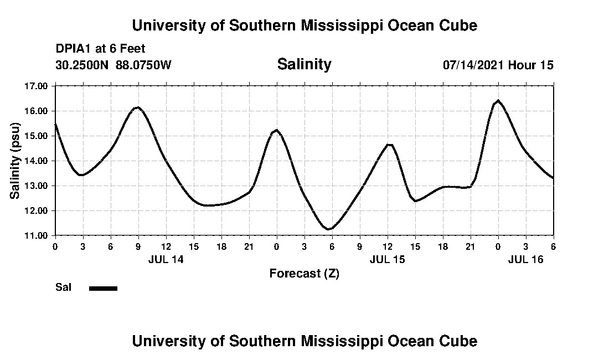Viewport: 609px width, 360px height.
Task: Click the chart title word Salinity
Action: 304,64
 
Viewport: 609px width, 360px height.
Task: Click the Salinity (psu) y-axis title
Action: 15,161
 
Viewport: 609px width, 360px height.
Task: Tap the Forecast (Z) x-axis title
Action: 304,273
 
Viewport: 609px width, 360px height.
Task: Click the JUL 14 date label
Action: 166,259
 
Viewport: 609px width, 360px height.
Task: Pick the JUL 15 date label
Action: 387,259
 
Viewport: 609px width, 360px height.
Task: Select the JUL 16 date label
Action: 525,259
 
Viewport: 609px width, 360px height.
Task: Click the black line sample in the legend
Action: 103,288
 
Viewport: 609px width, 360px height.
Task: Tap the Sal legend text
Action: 63,287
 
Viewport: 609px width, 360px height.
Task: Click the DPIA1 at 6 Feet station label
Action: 100,49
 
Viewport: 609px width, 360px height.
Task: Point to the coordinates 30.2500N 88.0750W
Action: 113,65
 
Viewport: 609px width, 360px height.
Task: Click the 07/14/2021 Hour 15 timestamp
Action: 498,65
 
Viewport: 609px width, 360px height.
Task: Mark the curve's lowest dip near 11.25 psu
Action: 329,229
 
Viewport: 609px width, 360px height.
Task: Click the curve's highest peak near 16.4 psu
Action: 498,101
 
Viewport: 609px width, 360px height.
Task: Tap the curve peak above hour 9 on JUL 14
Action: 138,107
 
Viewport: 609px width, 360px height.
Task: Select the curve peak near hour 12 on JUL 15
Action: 390,145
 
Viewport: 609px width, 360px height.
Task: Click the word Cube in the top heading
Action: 457,25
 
